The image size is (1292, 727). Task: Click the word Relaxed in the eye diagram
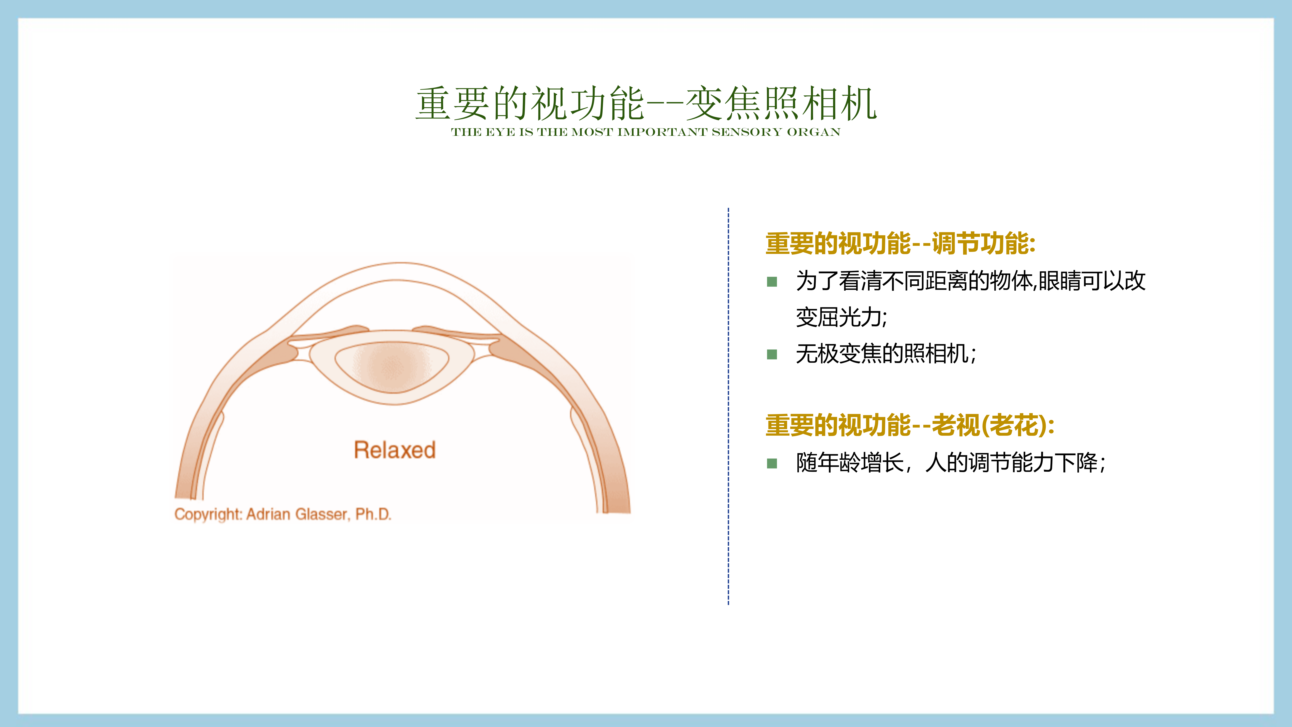(395, 450)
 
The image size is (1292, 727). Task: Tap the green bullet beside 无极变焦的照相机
(772, 355)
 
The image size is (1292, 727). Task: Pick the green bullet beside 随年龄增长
(772, 463)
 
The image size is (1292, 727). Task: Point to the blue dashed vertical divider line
(728, 406)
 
